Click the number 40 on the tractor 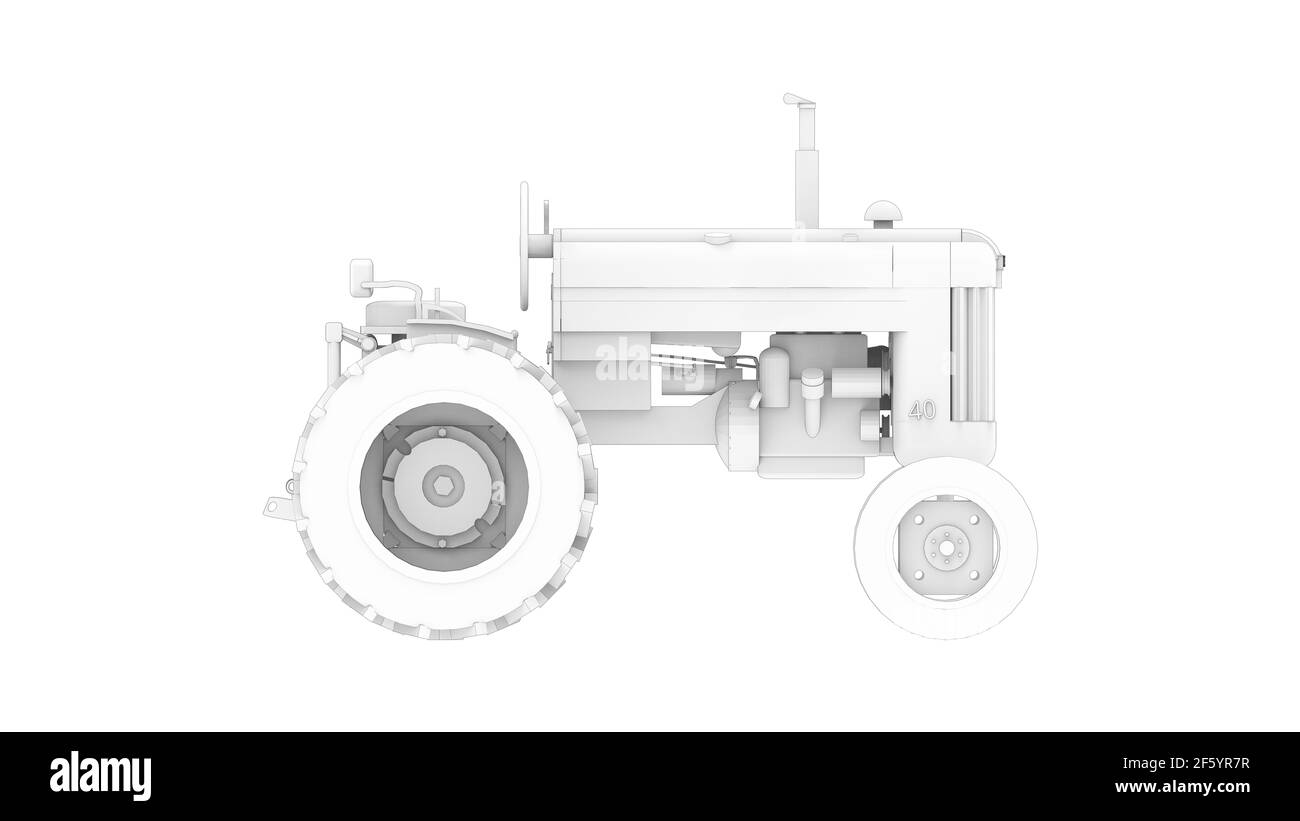(x=921, y=410)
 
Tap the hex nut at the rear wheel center (x=442, y=486)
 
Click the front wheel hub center (x=945, y=547)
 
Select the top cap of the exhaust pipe (x=799, y=100)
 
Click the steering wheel (x=524, y=245)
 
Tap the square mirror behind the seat (x=361, y=276)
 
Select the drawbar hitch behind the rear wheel (x=276, y=506)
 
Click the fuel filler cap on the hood (x=717, y=237)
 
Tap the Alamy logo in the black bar (x=100, y=775)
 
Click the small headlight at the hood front (x=1002, y=262)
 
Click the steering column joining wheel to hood (x=540, y=244)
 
